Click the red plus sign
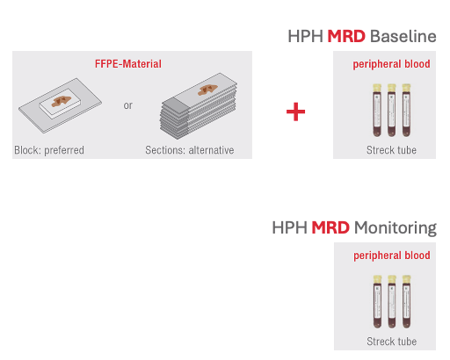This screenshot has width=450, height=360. point(296,112)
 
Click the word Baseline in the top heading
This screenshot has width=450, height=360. point(403,37)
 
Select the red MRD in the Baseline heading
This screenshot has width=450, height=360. point(346,37)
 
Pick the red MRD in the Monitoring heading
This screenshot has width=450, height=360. point(330,228)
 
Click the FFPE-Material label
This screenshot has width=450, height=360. point(128,64)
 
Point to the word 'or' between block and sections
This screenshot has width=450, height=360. point(128,105)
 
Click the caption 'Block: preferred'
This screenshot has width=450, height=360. point(49,150)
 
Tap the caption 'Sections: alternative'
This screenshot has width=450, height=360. point(190,150)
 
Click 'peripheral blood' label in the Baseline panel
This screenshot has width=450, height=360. point(392,65)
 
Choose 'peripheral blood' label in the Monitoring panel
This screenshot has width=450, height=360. point(392,256)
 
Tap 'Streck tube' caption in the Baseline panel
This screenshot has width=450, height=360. point(391,150)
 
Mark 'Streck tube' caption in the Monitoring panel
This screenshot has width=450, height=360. point(391,341)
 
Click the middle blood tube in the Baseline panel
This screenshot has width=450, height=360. point(392,110)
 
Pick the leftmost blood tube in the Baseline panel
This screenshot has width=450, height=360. point(377,110)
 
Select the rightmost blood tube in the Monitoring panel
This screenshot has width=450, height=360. point(407,300)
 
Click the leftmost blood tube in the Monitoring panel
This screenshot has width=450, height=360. point(377,300)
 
